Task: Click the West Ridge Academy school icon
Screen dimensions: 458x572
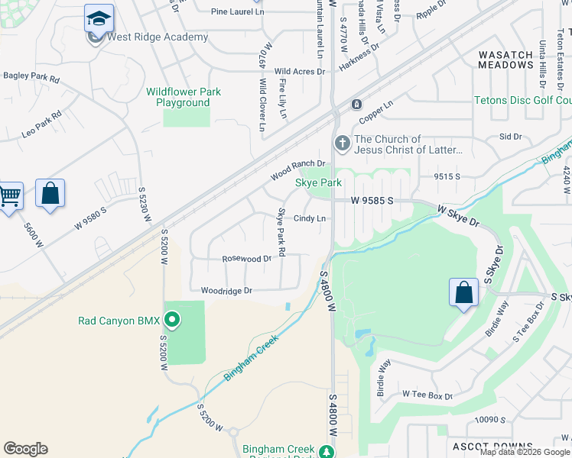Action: (99, 18)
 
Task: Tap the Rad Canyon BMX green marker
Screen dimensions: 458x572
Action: (172, 320)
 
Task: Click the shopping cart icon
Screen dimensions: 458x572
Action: (8, 196)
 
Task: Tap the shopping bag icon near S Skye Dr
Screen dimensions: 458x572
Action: (463, 292)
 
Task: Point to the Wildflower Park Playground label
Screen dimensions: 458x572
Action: (184, 97)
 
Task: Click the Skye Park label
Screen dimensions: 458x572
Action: (318, 182)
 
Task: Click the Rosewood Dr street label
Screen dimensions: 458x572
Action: (246, 259)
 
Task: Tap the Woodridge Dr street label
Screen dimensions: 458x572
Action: (226, 291)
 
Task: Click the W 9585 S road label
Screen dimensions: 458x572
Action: (372, 200)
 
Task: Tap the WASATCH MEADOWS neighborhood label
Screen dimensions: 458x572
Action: (505, 60)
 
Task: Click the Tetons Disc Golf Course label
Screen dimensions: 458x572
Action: (522, 101)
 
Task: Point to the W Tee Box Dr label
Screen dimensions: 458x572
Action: (427, 395)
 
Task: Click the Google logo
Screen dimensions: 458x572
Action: (25, 449)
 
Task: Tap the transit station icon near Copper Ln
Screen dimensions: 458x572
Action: (356, 104)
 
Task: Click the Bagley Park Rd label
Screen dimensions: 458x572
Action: (31, 76)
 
